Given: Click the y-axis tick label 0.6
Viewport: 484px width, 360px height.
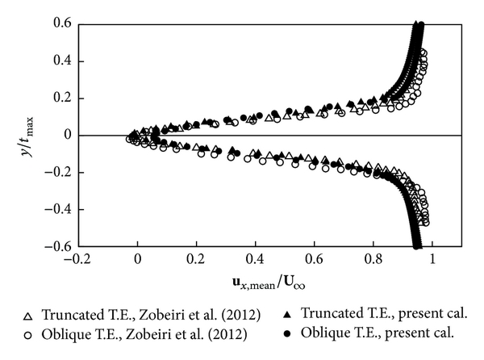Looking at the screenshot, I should [x=65, y=24].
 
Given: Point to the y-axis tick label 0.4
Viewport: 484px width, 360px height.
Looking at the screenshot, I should [x=65, y=61].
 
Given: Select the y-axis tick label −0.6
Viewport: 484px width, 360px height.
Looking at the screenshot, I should [x=61, y=246].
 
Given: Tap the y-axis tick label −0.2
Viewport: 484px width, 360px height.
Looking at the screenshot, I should [x=61, y=173].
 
